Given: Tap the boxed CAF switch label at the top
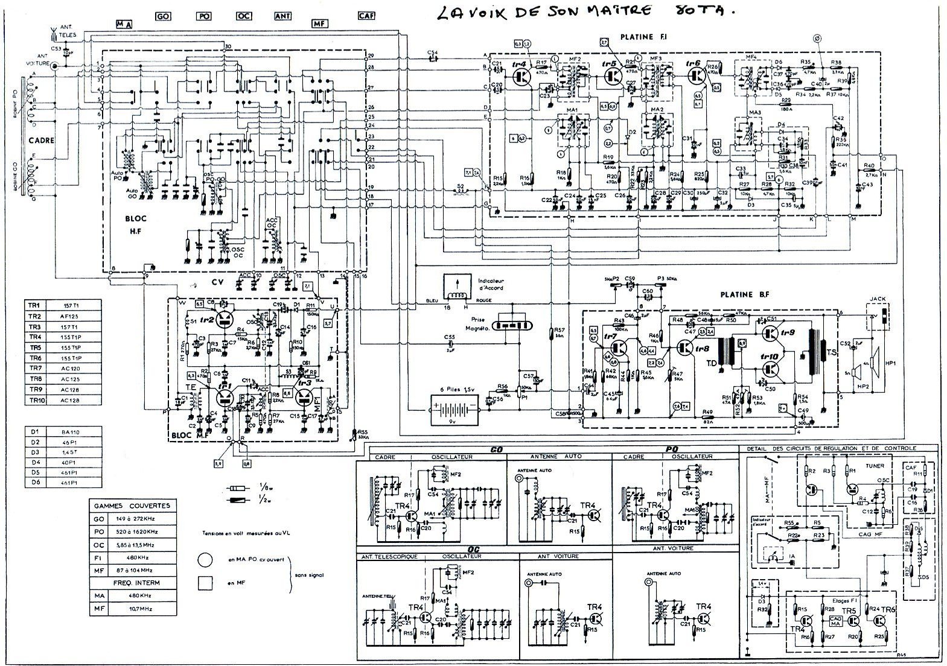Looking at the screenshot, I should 365,16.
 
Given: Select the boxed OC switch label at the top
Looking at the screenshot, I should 244,17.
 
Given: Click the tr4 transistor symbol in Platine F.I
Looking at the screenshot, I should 522,77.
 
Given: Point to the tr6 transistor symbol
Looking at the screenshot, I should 697,77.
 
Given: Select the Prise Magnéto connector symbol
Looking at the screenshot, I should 513,325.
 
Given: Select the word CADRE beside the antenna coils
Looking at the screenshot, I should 41,140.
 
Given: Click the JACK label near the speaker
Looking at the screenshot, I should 876,300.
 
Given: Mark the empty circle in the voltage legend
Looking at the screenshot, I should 205,560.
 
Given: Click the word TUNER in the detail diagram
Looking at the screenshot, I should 874,466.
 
